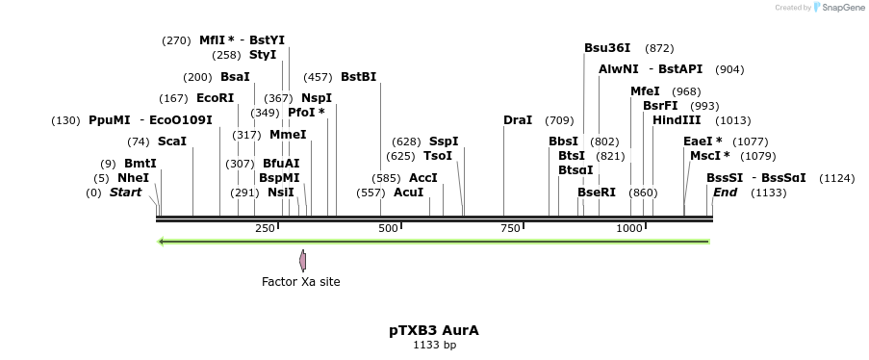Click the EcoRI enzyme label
215,98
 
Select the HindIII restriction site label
677,120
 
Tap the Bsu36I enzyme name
607,47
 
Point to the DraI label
518,120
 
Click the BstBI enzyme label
358,77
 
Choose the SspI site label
444,141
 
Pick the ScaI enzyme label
172,141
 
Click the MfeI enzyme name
645,91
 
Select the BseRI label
597,193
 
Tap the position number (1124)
836,178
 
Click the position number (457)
318,77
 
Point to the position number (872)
659,47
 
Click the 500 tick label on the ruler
388,228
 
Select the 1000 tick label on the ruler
629,228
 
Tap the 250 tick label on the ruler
265,228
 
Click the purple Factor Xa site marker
302,260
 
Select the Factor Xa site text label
301,282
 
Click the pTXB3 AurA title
434,330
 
